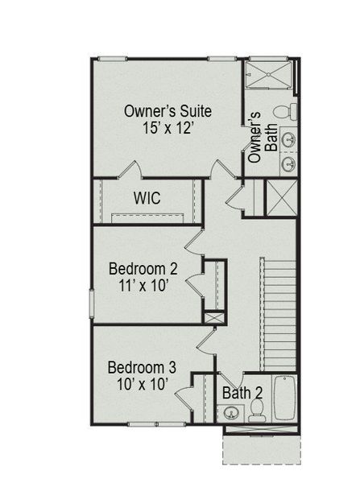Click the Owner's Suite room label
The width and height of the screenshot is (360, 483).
168,111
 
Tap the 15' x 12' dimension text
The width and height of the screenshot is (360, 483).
168,129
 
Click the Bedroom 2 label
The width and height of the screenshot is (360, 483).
143,268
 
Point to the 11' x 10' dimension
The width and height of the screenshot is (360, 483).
143,286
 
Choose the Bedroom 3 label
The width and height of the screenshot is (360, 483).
142,367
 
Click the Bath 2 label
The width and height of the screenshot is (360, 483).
242,394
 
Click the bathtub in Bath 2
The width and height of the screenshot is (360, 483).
285,398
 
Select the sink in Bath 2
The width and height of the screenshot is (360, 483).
230,414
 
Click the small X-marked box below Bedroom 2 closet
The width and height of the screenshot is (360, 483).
213,317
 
